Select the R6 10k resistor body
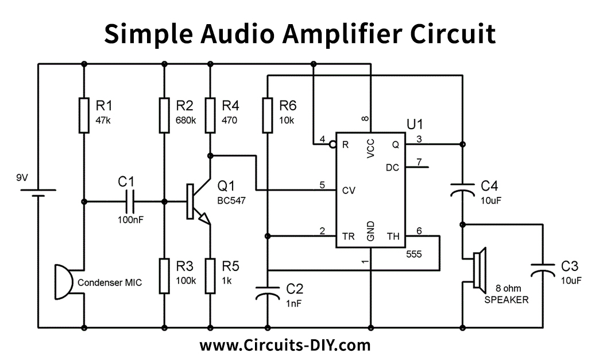[268, 115]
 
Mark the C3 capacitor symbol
[543, 269]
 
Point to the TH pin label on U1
[393, 236]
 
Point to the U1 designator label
[415, 123]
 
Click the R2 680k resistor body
[164, 115]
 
